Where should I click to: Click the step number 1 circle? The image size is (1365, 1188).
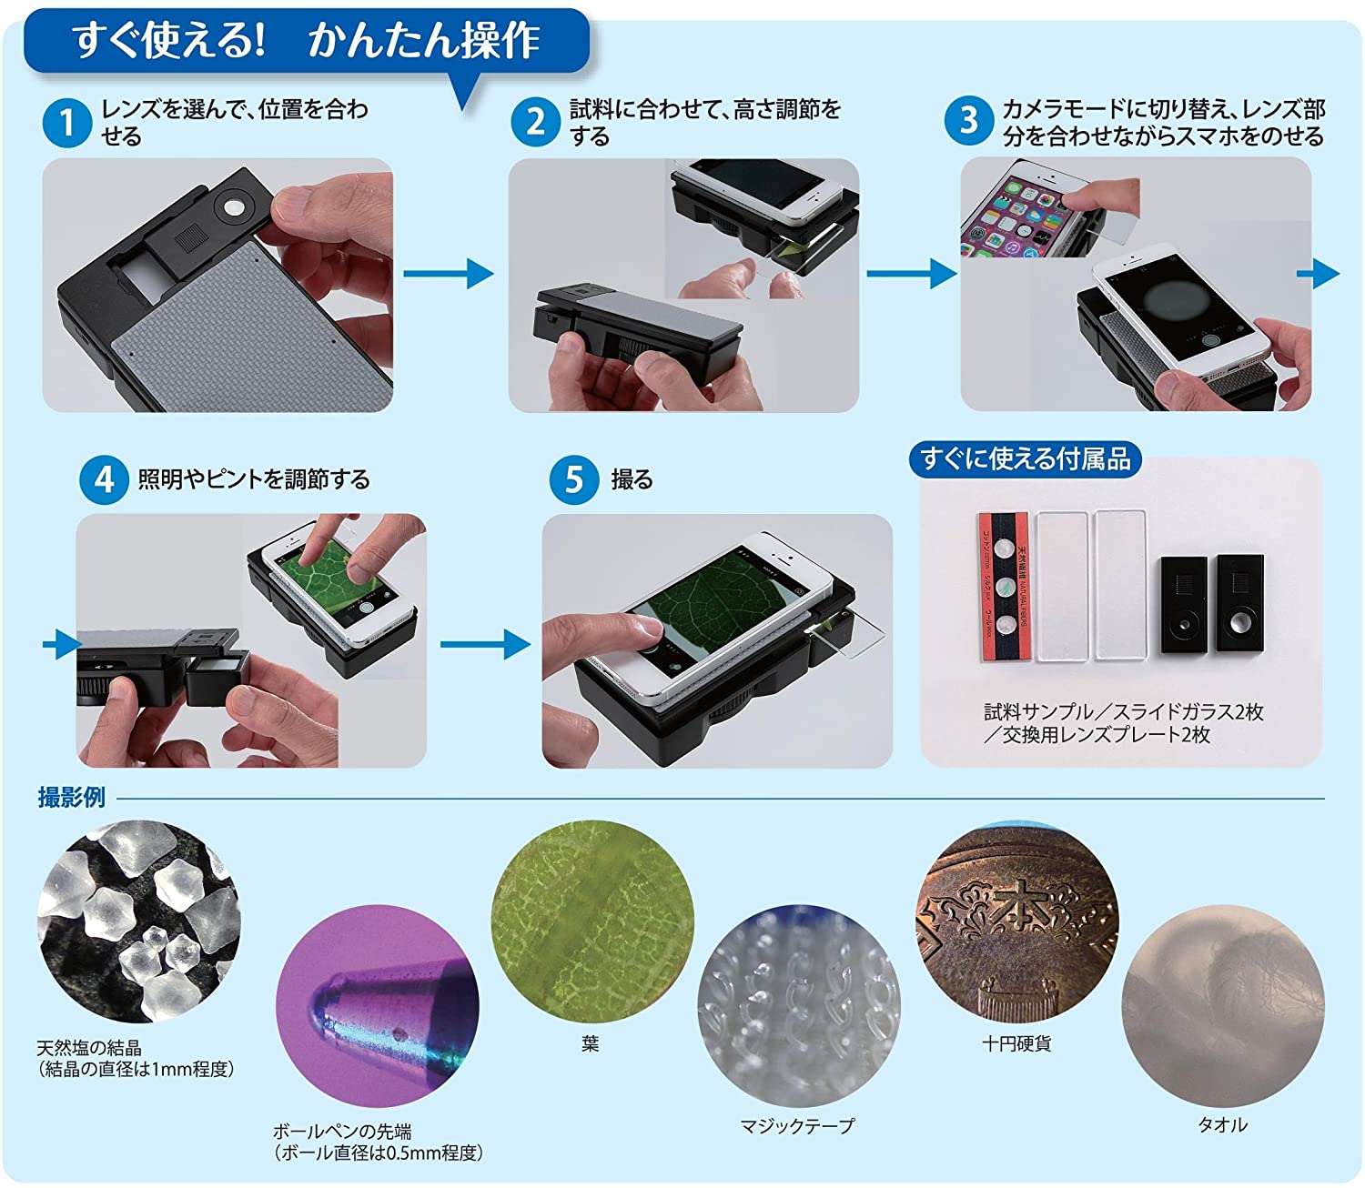click(66, 123)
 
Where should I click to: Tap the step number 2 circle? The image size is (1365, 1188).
click(536, 122)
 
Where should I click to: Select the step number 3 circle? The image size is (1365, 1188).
click(969, 121)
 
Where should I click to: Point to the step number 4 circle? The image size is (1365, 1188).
click(104, 479)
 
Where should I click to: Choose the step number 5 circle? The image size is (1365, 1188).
click(574, 479)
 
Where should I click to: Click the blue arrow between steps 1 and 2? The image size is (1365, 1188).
click(449, 273)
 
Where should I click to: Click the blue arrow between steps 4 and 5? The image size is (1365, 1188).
click(485, 644)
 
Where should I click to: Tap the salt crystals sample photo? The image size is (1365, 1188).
click(138, 922)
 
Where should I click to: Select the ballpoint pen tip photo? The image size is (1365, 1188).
click(378, 1006)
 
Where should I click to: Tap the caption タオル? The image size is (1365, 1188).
click(1222, 1125)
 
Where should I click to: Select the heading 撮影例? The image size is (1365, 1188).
click(71, 798)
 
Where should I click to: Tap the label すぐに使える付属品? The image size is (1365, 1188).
click(1026, 459)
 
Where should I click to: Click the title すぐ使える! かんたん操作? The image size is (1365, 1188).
click(306, 40)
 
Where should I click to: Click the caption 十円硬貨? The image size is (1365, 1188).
click(1016, 1043)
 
